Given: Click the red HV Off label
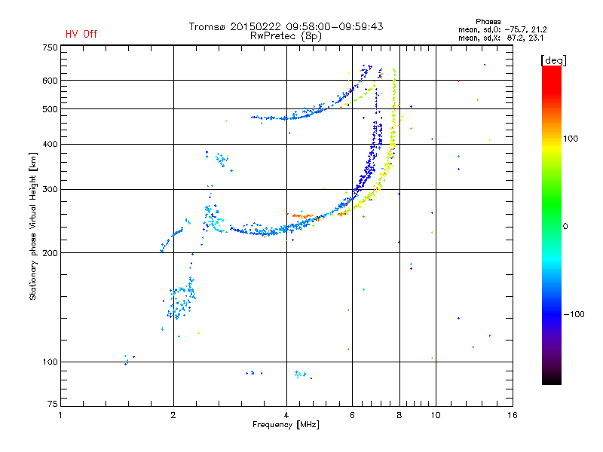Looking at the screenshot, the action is [81, 34].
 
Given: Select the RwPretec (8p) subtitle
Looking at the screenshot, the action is [286, 36].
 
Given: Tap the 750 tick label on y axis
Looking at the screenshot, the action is [50, 47].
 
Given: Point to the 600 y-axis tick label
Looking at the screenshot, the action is [50, 81].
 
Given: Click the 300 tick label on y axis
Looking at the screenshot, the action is [50, 190].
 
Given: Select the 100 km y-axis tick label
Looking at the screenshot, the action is [50, 362].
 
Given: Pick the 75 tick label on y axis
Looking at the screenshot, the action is [53, 404].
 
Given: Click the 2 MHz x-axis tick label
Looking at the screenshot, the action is [173, 415].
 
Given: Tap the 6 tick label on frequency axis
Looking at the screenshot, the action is [352, 415].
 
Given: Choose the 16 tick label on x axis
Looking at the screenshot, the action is [513, 415].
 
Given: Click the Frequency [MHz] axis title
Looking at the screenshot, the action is [286, 425].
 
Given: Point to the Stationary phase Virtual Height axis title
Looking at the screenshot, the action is [33, 227].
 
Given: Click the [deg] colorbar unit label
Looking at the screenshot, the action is [553, 60].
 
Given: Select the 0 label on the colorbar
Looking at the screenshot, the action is [565, 226].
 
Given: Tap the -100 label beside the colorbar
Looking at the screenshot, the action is [574, 314].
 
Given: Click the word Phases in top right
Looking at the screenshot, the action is [488, 22].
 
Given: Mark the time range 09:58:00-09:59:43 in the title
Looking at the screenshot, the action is [335, 26].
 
